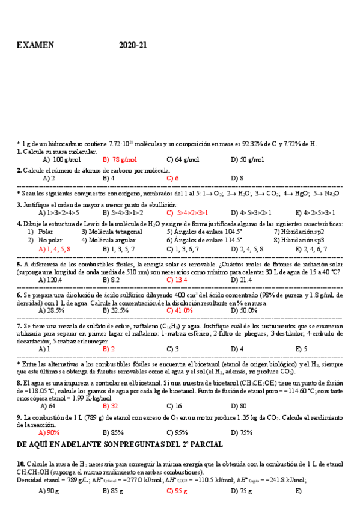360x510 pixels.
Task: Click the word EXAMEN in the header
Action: coord(35,45)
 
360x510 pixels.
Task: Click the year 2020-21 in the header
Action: coord(133,45)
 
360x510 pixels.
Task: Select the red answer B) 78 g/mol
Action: coord(120,160)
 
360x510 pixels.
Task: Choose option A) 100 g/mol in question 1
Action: coord(62,160)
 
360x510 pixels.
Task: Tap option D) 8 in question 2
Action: coord(237,179)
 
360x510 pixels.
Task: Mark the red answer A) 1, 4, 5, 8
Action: coord(55,248)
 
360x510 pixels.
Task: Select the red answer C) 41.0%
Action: coord(180,311)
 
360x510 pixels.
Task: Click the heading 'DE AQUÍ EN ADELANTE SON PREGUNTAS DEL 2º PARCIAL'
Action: coord(120,444)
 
